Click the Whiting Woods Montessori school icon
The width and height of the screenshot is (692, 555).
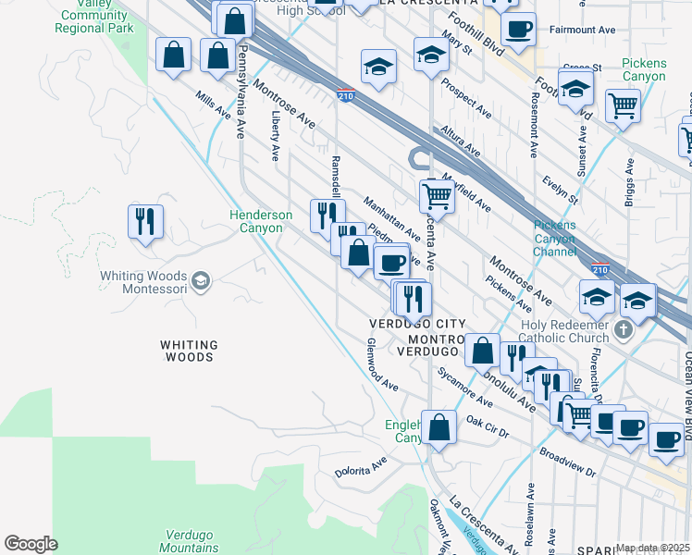tap(201, 278)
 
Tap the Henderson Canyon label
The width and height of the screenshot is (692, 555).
tap(261, 222)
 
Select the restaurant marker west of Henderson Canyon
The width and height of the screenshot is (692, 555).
tap(145, 222)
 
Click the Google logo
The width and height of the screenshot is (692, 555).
tap(31, 544)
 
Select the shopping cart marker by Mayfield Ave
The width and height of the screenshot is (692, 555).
tap(436, 195)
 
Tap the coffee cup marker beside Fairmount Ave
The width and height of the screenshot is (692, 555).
tap(519, 29)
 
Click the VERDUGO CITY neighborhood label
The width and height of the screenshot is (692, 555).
tap(414, 324)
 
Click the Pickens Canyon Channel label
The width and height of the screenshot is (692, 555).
tap(554, 238)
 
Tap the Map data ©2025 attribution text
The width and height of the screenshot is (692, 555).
tap(651, 548)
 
